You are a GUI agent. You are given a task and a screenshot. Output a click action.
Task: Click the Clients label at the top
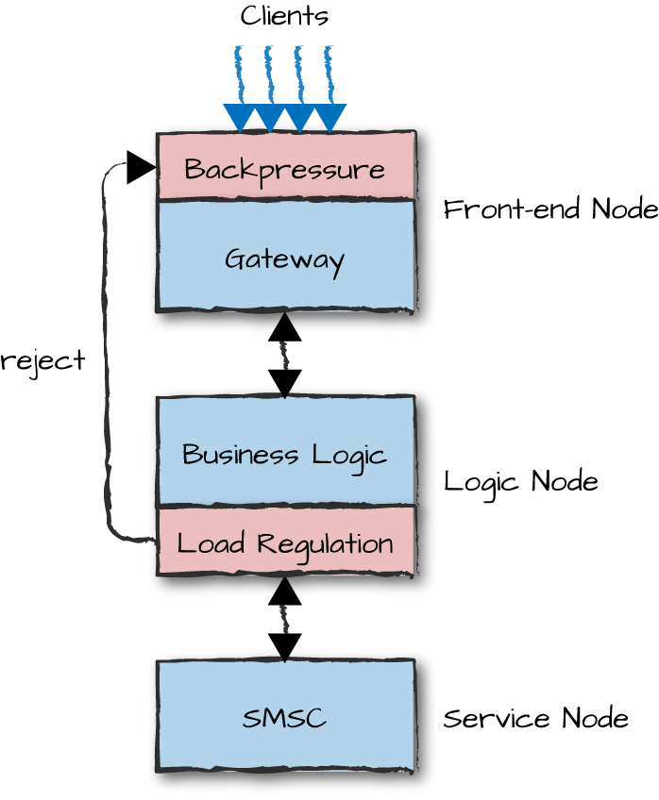[x=284, y=16]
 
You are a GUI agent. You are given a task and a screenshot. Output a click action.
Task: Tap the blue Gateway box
[x=285, y=257]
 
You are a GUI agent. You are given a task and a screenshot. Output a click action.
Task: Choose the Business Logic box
[x=285, y=453]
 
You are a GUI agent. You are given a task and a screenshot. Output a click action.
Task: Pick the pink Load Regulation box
[x=285, y=542]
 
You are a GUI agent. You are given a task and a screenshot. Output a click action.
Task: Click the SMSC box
[x=285, y=717]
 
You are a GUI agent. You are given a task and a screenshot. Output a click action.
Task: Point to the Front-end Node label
[x=550, y=209]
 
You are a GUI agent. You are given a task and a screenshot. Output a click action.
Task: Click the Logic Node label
[x=520, y=481]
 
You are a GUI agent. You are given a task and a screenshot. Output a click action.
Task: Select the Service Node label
[x=535, y=719]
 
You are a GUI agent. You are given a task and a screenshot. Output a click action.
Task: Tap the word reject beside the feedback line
[x=43, y=360]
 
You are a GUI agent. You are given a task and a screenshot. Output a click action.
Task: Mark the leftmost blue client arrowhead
[x=240, y=117]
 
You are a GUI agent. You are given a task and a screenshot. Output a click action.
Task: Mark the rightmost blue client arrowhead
[x=329, y=117]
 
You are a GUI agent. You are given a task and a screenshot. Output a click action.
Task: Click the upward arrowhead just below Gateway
[x=284, y=327]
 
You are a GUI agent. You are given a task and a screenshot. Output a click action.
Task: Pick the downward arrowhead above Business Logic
[x=284, y=383]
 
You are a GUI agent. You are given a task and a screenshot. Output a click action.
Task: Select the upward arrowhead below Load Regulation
[x=284, y=592]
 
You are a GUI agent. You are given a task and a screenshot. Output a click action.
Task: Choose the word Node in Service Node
[x=595, y=719]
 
